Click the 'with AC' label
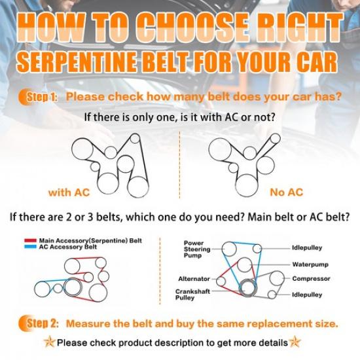point(69,192)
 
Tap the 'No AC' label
point(287,192)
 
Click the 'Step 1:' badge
point(38,97)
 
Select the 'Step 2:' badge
point(39,324)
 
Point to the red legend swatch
point(30,241)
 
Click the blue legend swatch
point(30,247)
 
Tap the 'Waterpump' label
point(310,264)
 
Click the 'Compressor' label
point(311,279)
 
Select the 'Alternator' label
point(194,279)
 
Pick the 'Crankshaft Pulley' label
point(192,295)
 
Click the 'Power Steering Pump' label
point(197,249)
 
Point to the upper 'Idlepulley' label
point(307,248)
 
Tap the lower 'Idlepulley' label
point(307,295)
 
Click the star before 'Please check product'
point(50,342)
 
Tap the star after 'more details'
point(295,342)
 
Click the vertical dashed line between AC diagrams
point(179,165)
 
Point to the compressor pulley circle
point(277,278)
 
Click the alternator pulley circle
point(221,281)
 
